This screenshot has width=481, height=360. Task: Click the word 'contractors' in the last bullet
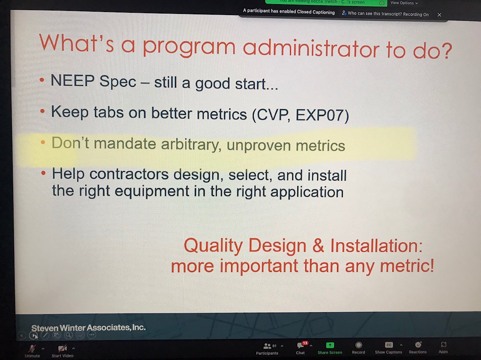129,174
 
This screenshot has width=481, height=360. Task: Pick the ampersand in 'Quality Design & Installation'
318,246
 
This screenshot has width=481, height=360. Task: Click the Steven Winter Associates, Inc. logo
88,328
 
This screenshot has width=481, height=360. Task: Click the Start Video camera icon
62,348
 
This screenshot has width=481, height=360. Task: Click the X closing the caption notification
439,15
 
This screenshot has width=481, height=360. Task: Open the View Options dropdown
404,3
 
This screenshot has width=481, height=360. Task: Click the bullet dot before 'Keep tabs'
42,111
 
